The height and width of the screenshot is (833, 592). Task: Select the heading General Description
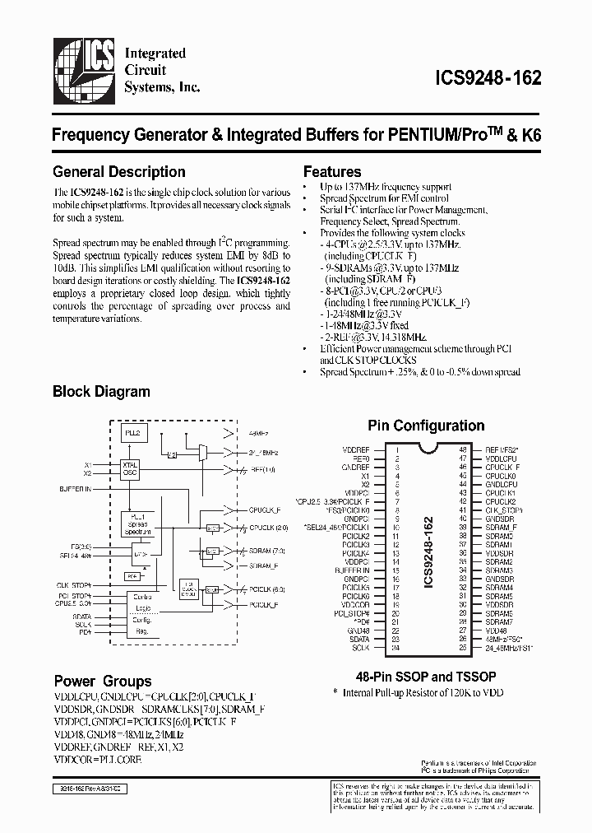click(x=118, y=172)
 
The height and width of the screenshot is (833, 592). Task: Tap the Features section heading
click(x=332, y=172)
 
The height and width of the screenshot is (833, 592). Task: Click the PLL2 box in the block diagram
click(x=132, y=432)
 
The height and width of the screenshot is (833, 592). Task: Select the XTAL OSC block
click(x=131, y=469)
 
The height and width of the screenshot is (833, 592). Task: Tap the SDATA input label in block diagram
click(x=83, y=616)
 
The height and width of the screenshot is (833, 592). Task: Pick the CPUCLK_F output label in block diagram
click(x=265, y=511)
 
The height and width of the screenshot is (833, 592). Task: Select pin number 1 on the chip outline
click(x=397, y=449)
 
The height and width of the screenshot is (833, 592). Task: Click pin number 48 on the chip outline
click(x=464, y=449)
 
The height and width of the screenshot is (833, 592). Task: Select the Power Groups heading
click(x=103, y=681)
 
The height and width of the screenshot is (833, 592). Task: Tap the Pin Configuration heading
click(x=425, y=426)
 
